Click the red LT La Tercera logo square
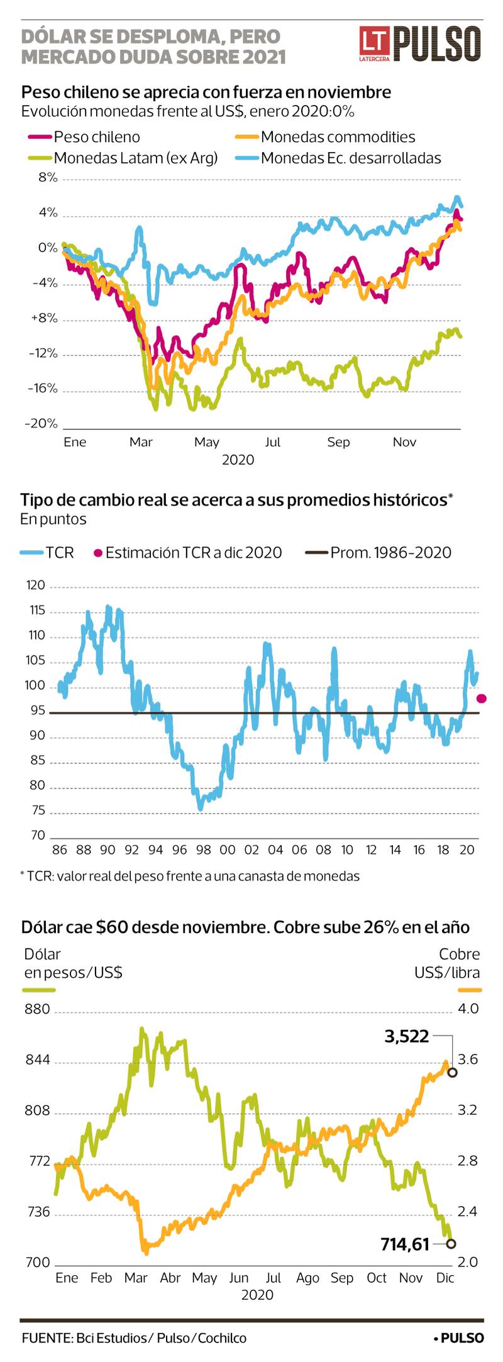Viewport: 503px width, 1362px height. pos(375,42)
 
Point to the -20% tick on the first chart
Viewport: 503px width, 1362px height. pos(41,423)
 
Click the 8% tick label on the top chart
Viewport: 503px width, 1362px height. pos(48,177)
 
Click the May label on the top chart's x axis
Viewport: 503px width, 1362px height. pos(206,442)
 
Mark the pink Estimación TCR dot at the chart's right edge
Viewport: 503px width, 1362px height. pos(482,699)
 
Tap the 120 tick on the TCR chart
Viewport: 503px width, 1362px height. pos(36,585)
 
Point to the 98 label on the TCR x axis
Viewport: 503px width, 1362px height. pos(203,850)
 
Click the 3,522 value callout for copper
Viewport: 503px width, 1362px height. pos(406,1036)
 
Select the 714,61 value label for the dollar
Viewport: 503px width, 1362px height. pos(405,1244)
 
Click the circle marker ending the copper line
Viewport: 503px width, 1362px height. pos(452,1072)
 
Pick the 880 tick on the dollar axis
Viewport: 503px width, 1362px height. pos(37,1009)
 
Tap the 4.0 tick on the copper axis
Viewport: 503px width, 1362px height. pos(468,1009)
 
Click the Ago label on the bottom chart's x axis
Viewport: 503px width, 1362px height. pos(307,1278)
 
